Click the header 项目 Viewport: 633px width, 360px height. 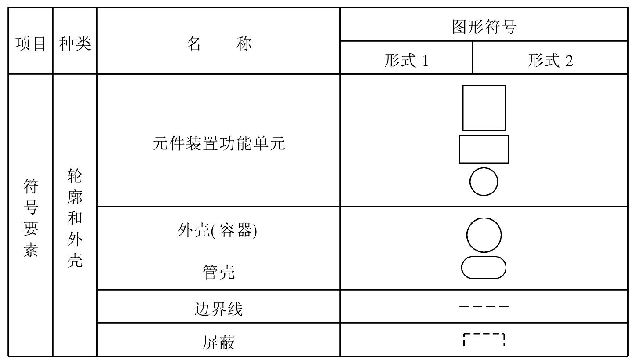[30, 44]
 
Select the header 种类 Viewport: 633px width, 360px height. [75, 44]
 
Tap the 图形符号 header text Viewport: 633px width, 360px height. [484, 27]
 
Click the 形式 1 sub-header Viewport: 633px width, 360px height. [406, 61]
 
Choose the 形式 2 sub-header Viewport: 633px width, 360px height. [550, 61]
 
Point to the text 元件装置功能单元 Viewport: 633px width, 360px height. [219, 143]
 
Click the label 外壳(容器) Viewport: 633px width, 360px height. [217, 230]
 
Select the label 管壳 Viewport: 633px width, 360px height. [219, 272]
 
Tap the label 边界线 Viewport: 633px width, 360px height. [218, 309]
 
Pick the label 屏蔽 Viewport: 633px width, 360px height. [218, 342]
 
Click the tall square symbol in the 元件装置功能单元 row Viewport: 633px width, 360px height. [463, 108]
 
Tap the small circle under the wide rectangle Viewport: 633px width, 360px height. [470, 182]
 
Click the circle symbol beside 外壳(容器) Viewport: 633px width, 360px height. [467, 235]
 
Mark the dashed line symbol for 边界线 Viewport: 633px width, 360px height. [484, 306]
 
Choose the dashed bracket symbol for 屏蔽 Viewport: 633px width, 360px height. [484, 334]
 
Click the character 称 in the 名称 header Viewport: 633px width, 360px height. [244, 44]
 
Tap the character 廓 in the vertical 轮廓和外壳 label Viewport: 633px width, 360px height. [75, 197]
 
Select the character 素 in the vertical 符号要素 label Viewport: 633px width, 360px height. [30, 250]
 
